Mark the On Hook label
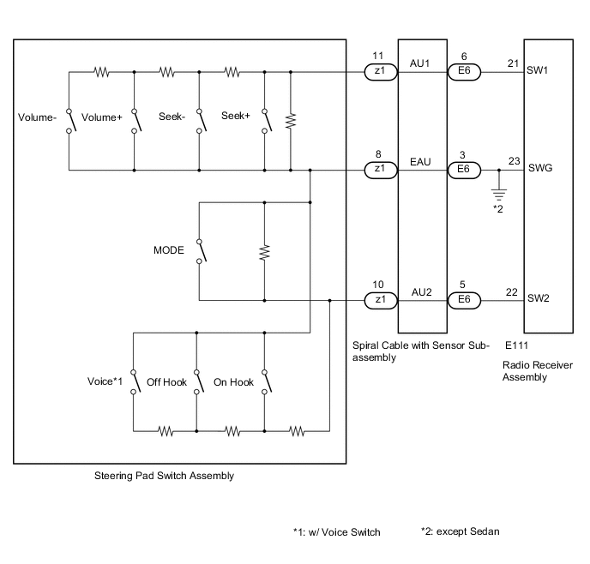(x=232, y=382)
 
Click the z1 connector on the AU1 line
(x=378, y=74)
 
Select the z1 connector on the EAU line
(x=378, y=170)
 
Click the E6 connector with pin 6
(x=464, y=74)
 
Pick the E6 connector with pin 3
(x=464, y=170)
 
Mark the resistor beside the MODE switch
(x=264, y=252)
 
